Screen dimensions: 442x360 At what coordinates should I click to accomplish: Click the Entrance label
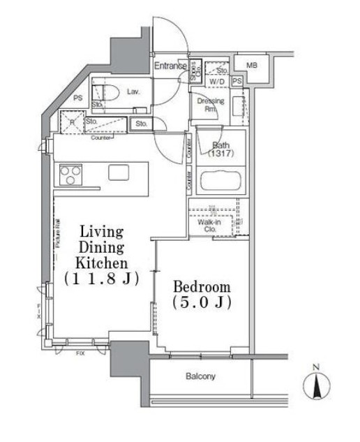tap(170, 66)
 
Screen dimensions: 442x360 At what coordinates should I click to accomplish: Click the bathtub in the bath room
tap(220, 182)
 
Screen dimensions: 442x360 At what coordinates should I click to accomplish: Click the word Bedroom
tap(202, 287)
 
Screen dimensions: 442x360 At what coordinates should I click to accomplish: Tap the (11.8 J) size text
tap(102, 279)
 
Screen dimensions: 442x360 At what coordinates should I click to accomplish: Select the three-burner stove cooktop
tap(70, 174)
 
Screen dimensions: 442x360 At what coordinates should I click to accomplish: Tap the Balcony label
tap(200, 376)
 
